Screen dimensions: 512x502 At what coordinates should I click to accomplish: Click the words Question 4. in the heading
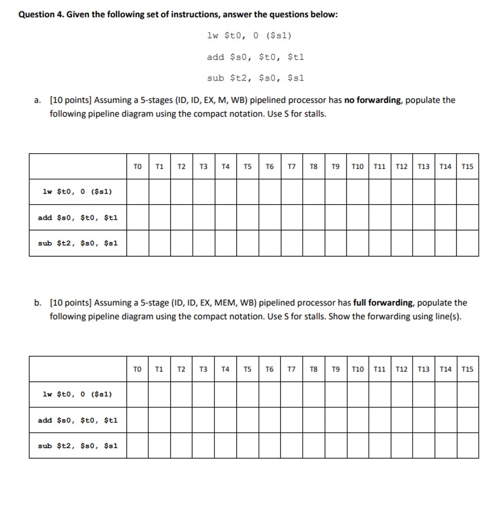pyautogui.click(x=41, y=15)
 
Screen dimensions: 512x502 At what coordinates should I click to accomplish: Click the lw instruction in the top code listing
pyautogui.click(x=249, y=36)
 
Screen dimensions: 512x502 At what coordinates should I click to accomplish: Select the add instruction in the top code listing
pyautogui.click(x=255, y=56)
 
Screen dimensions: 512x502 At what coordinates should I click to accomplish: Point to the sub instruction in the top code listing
pyautogui.click(x=255, y=78)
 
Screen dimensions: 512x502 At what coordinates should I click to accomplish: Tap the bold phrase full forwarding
pyautogui.click(x=384, y=303)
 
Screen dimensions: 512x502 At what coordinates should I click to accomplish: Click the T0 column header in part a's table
pyautogui.click(x=138, y=167)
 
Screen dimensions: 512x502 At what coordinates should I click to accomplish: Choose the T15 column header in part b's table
pyautogui.click(x=467, y=369)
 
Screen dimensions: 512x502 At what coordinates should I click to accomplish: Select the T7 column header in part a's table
pyautogui.click(x=292, y=167)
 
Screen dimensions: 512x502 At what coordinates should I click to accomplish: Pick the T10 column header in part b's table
pyautogui.click(x=358, y=369)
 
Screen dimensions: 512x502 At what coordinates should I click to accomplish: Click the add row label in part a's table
pyautogui.click(x=78, y=218)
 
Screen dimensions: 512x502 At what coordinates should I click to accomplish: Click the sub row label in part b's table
pyautogui.click(x=78, y=446)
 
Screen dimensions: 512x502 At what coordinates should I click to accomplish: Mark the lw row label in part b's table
pyautogui.click(x=77, y=394)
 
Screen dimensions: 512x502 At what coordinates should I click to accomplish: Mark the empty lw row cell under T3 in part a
pyautogui.click(x=204, y=192)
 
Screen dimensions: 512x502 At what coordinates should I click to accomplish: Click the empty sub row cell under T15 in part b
pyautogui.click(x=467, y=446)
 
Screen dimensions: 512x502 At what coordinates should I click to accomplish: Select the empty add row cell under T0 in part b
pyautogui.click(x=138, y=420)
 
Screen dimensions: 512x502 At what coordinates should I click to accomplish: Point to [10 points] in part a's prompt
pyautogui.click(x=71, y=100)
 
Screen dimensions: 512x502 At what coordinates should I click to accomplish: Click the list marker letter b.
pyautogui.click(x=38, y=303)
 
